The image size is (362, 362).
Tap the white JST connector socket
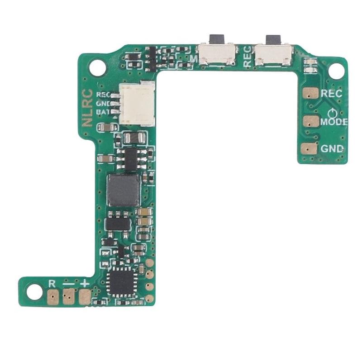click(x=138, y=104)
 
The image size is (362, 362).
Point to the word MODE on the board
click(x=334, y=122)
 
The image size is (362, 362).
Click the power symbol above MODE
click(x=333, y=113)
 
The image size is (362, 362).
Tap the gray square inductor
click(x=123, y=190)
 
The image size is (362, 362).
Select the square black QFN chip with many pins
click(x=122, y=281)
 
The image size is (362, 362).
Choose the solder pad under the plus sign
click(x=85, y=297)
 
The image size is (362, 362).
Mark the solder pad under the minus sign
click(x=69, y=297)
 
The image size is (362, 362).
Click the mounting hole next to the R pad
click(x=34, y=292)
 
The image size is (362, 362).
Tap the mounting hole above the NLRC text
click(x=97, y=68)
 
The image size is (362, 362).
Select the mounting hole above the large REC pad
click(x=336, y=71)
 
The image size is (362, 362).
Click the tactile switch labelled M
click(x=218, y=54)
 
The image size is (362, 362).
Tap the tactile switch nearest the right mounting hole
click(x=273, y=54)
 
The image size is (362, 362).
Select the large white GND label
click(x=332, y=149)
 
